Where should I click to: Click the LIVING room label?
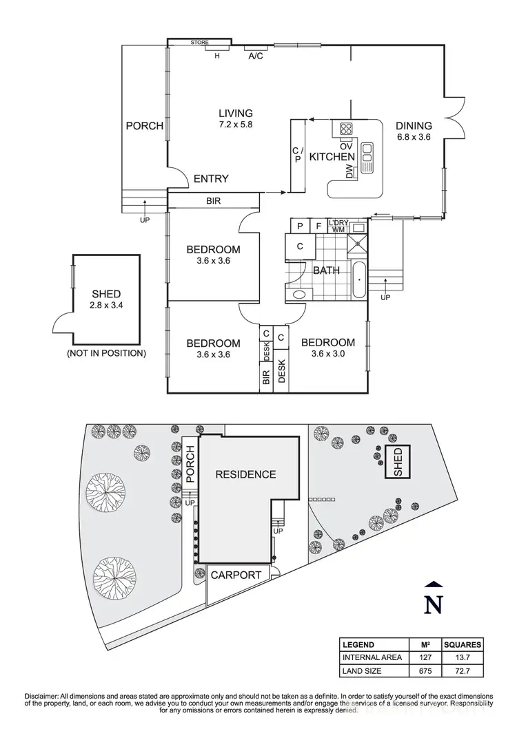(236, 114)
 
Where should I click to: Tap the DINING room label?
(414, 126)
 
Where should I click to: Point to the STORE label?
(200, 43)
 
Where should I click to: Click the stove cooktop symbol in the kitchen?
(346, 129)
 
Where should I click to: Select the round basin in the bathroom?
(299, 295)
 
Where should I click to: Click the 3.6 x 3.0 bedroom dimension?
(328, 354)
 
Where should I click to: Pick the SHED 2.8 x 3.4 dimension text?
(105, 306)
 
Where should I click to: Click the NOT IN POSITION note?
(106, 353)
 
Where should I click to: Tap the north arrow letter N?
(432, 604)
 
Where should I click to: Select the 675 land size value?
(425, 670)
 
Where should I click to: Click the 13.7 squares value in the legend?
(463, 657)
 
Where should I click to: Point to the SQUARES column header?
(463, 645)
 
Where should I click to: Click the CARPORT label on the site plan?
(236, 575)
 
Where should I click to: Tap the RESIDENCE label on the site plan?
(245, 474)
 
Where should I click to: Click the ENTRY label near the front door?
(210, 179)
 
